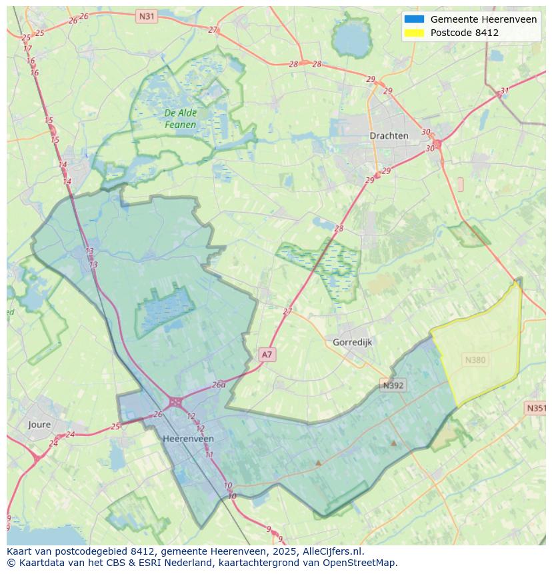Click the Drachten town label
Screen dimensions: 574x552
[x=389, y=135]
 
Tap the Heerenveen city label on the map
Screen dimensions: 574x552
[x=188, y=439]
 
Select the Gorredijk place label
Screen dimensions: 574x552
[x=352, y=342]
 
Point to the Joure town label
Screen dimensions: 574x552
[x=39, y=424]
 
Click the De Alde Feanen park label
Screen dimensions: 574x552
[x=181, y=119]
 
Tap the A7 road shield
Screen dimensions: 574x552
[x=267, y=355]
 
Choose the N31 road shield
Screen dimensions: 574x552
[x=147, y=15]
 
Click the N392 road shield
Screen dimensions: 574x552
[x=393, y=385]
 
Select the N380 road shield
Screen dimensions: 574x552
[x=475, y=360]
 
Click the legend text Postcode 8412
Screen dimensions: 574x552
[x=464, y=33]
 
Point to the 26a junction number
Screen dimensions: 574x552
[x=219, y=385]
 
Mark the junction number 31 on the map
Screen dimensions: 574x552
[x=505, y=91]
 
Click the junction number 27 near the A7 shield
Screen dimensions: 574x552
[x=287, y=311]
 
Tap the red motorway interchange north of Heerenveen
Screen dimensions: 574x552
[x=175, y=402]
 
